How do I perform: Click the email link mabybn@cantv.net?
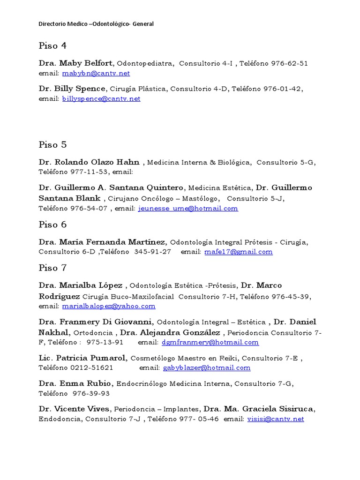(x=96, y=74)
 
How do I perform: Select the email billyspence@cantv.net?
(x=101, y=99)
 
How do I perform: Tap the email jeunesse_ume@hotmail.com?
(x=188, y=209)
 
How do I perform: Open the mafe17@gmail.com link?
(x=239, y=252)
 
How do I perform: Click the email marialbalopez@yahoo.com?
(x=108, y=306)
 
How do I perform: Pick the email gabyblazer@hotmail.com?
(x=206, y=368)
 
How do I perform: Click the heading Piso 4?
(x=52, y=46)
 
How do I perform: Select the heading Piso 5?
(x=52, y=144)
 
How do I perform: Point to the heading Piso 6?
(x=52, y=225)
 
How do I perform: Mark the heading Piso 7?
(x=52, y=268)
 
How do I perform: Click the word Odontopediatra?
(x=146, y=63)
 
